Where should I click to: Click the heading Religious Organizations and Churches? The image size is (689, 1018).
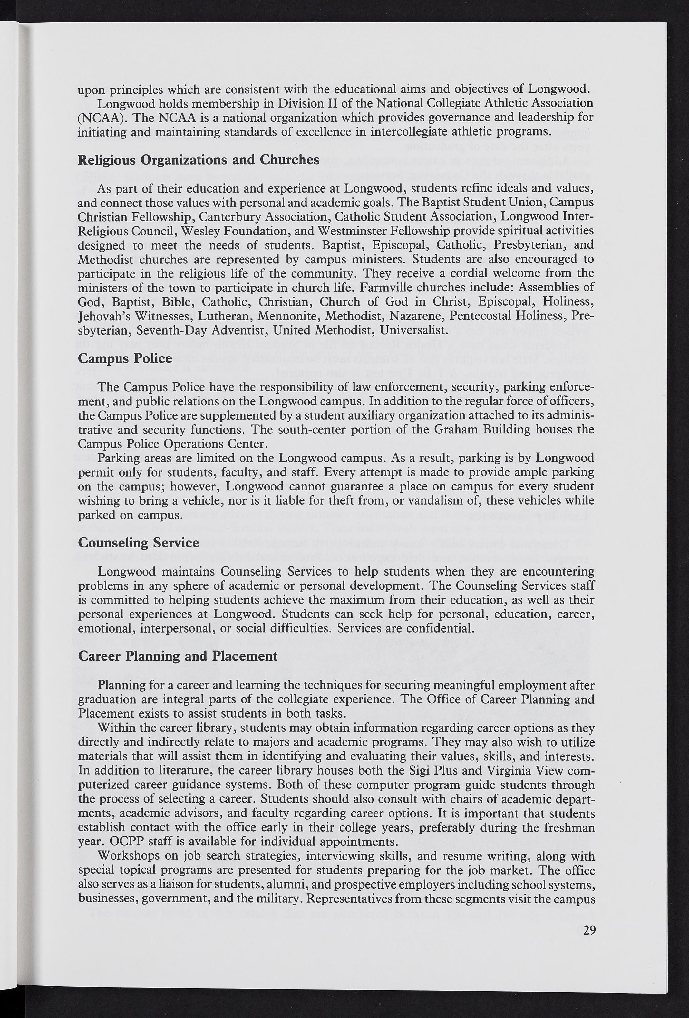pyautogui.click(x=198, y=160)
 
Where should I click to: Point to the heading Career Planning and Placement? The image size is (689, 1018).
pyautogui.click(x=178, y=656)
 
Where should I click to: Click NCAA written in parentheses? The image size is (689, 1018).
pyautogui.click(x=100, y=118)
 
